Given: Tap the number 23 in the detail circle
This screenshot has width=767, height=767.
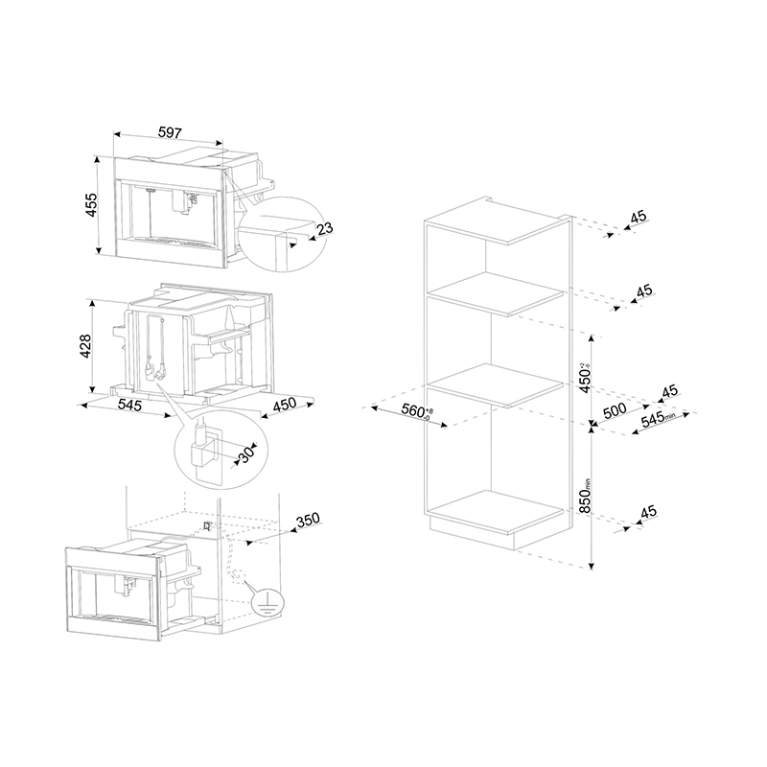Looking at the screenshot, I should point(324,228).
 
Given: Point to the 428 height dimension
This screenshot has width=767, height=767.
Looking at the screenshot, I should point(83,345).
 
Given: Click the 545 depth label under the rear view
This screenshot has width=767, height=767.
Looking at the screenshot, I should point(129,406).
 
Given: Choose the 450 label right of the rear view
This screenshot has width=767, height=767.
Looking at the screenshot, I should point(285,406).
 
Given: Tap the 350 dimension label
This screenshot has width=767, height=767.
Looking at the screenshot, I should point(307,520).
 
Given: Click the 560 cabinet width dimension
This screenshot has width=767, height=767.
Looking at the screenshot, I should point(415,413).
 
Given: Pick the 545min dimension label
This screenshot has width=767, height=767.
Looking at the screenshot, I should point(658,418).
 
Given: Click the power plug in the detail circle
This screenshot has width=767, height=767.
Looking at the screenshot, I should point(202,451).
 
